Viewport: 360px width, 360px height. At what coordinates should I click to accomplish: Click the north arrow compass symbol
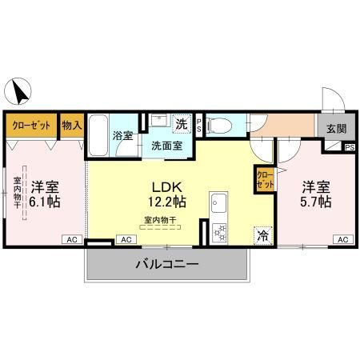coord(19,91)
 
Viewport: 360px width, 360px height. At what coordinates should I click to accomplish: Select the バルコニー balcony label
coord(166,263)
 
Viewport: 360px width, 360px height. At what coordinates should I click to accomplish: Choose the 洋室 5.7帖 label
coord(316,194)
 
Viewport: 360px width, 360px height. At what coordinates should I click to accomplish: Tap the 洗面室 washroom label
coord(161,146)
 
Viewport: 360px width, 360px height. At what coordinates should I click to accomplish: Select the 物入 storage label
coord(73,126)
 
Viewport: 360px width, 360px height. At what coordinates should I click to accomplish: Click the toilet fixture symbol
coord(226,126)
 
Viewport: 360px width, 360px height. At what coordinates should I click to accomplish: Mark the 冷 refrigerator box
coord(262,235)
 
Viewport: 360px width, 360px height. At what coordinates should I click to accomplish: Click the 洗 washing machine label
coord(182,124)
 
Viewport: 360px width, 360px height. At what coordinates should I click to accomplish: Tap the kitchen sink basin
coord(217,207)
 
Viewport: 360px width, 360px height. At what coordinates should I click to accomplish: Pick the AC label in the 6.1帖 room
coord(72,239)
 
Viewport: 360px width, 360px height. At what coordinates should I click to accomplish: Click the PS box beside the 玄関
coord(350,148)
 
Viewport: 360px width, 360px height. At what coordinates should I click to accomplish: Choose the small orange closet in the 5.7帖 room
coord(263,178)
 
